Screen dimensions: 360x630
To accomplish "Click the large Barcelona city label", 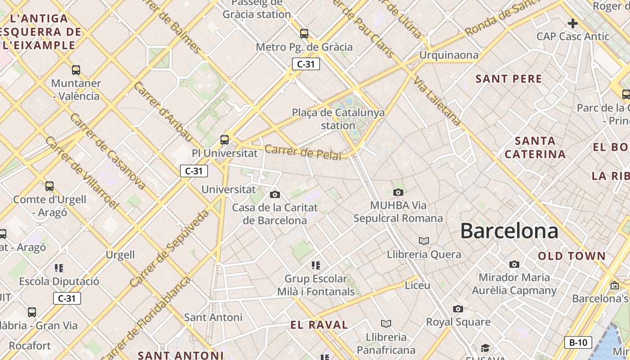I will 509,231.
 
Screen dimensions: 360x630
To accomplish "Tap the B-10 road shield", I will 578,342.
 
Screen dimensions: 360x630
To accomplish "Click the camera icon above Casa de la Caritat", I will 274,194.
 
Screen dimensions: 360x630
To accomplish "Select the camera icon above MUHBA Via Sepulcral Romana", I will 398,193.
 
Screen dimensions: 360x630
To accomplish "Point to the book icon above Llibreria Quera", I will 423,241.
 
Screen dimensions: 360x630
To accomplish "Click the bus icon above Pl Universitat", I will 225,139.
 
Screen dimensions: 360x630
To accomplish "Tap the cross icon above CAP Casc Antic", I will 572,23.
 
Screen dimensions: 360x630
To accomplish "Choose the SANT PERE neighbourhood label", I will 508,79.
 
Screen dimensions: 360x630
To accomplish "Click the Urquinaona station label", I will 449,55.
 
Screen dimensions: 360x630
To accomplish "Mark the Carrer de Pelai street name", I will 302,152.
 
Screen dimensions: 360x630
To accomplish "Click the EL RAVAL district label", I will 319,325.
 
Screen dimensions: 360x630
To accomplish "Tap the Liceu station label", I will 418,285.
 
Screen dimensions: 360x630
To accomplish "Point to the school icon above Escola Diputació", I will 59,268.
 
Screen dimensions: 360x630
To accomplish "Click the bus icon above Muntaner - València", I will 76,70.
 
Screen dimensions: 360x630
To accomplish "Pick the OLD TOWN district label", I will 572,256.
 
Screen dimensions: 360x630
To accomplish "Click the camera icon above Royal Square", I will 458,309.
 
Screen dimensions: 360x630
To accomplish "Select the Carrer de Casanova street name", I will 108,151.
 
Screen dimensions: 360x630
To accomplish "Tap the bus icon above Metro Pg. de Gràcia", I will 304,33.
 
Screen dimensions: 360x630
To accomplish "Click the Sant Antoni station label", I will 213,317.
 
